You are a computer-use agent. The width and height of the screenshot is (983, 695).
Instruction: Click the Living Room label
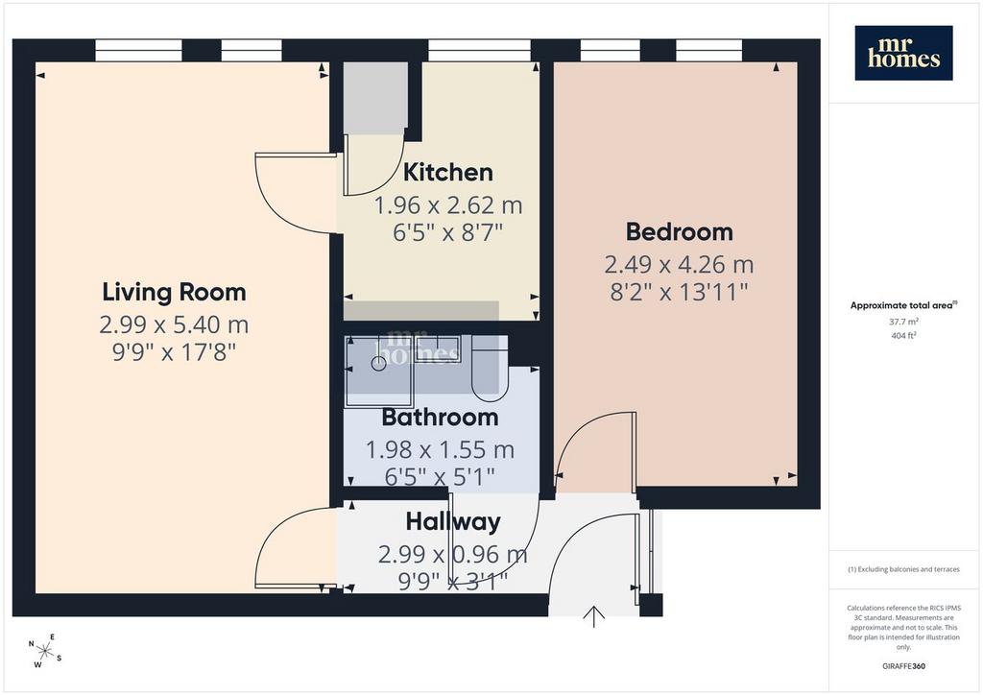174,292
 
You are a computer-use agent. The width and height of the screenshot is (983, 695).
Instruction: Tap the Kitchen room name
447,173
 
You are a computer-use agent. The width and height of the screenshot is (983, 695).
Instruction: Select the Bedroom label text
680,232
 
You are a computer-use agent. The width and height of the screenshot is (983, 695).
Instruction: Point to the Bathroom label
440,418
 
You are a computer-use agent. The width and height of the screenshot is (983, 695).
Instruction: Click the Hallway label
453,522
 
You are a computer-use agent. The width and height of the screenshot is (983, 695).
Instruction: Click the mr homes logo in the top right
903,53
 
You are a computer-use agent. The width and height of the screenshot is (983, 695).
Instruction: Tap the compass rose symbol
45,651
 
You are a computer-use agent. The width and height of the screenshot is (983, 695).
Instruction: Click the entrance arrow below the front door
593,616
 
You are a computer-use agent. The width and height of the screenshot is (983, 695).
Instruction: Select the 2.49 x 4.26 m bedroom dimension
679,264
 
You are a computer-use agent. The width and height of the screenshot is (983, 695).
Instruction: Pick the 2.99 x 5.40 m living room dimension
174,324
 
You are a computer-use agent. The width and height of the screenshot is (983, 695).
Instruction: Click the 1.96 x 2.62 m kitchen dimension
447,204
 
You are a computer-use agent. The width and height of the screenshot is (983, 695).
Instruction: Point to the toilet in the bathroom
489,370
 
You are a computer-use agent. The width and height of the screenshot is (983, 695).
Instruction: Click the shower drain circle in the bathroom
378,363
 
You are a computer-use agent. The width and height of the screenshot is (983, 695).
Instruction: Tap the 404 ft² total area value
903,336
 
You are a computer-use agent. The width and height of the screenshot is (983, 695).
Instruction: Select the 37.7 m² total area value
903,322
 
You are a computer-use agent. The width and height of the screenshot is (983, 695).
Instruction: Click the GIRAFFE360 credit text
903,666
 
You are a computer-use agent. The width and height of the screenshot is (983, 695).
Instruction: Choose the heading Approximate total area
903,306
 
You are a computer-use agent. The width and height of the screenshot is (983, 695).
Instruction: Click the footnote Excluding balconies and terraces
903,569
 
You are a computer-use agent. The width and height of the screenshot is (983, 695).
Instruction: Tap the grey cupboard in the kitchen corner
375,98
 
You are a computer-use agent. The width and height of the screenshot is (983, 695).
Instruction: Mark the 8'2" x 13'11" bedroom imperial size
680,292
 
